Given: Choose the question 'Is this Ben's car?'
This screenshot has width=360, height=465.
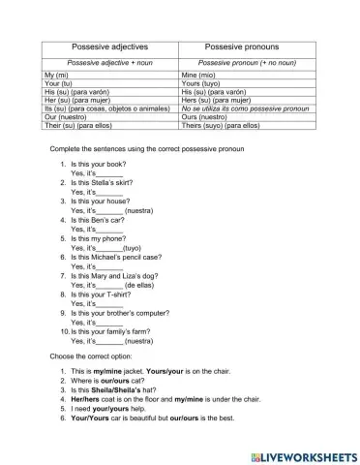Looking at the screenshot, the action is (104, 219).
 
